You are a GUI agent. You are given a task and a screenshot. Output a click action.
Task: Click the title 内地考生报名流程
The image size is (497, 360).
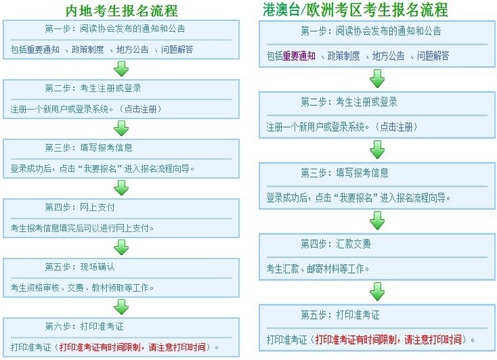pos(122,10)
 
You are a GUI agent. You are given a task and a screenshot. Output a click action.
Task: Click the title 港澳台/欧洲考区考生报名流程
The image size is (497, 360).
pos(355,9)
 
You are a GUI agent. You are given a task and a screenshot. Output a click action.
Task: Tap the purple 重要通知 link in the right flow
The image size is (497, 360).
pos(299,56)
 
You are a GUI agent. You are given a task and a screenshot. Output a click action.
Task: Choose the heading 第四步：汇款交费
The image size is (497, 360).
pos(336,244)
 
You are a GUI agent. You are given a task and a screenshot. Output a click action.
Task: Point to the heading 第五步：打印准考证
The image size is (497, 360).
pos(341,315)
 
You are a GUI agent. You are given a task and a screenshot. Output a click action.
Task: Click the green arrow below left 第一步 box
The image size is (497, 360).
pos(121,68)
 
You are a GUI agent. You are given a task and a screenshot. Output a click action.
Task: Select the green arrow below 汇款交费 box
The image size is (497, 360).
pos(377,292)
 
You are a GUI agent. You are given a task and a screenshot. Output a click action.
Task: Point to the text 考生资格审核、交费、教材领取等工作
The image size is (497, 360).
pos(83,288)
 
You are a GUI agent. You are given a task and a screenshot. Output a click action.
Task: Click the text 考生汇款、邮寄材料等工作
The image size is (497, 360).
pos(318,269)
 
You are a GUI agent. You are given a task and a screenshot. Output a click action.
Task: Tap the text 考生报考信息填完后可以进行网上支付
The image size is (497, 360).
pos(83,228)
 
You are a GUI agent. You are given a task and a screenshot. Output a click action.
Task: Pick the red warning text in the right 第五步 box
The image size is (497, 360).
pos(389,339)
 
